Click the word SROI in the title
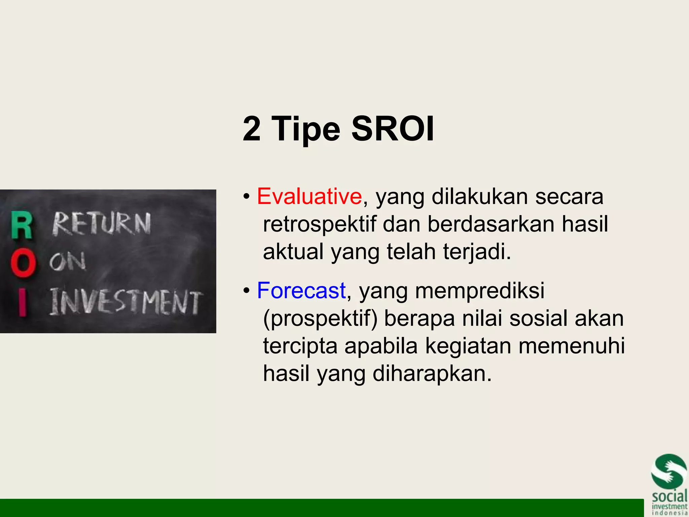point(393,129)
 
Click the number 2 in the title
point(252,129)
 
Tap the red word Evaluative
point(309,196)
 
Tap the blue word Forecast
point(301,290)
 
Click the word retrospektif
point(319,224)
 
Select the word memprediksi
point(480,290)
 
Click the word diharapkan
point(432,374)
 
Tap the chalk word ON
point(68,262)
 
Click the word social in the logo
point(669,497)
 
